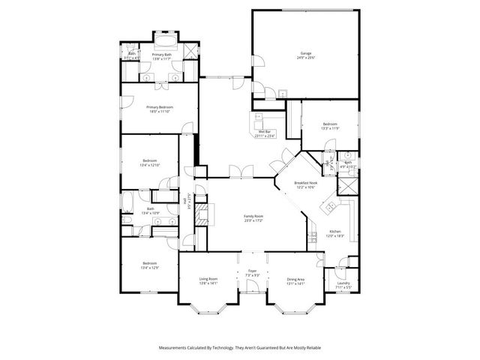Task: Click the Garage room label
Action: pos(306,53)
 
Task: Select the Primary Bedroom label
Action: pos(159,107)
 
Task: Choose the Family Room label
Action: pos(253,216)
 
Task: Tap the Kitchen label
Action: pos(335,232)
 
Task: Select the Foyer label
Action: pos(252,271)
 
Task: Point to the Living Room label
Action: pos(208,280)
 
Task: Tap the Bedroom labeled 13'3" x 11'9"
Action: pos(330,124)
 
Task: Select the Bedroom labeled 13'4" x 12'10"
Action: pos(150,161)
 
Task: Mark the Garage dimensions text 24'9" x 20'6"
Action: pos(306,58)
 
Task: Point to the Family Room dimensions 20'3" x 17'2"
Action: pos(253,220)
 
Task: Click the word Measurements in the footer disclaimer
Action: pos(175,347)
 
